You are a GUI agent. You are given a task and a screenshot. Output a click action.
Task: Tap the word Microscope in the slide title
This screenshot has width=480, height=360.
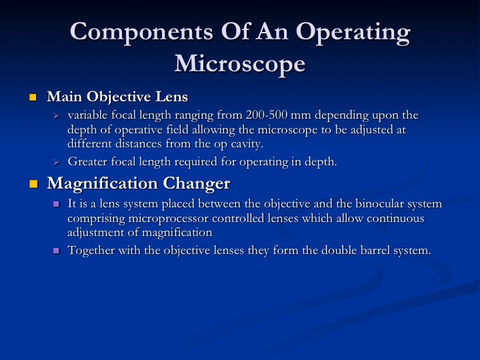pyautogui.click(x=240, y=65)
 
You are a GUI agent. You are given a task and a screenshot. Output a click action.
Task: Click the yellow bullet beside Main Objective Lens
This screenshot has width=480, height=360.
pyautogui.click(x=33, y=97)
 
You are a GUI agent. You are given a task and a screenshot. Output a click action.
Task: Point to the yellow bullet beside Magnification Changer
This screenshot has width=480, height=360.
pyautogui.click(x=33, y=184)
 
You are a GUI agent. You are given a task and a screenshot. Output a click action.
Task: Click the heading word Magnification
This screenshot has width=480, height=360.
pyautogui.click(x=102, y=184)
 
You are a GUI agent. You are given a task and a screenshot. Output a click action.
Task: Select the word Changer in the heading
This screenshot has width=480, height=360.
pyautogui.click(x=196, y=184)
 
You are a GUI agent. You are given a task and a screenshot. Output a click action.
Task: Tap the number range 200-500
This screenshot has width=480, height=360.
pyautogui.click(x=267, y=115)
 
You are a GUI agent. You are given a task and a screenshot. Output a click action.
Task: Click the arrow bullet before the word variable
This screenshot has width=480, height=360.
pyautogui.click(x=56, y=116)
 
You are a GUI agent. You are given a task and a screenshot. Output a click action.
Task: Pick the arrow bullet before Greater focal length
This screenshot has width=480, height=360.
pyautogui.click(x=56, y=162)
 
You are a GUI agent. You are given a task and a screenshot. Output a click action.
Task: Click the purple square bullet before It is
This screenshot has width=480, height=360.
pyautogui.click(x=56, y=204)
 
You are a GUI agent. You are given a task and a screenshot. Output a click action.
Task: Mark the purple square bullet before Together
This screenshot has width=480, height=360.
pyautogui.click(x=56, y=251)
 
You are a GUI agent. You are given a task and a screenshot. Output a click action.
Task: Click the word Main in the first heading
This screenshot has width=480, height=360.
pyautogui.click(x=65, y=97)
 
